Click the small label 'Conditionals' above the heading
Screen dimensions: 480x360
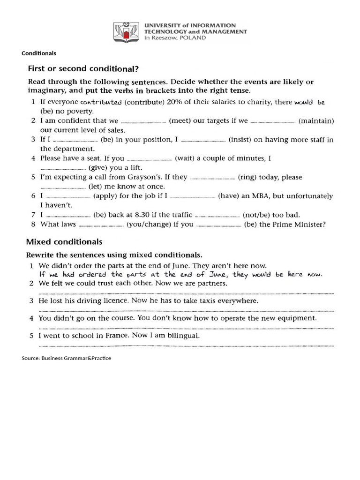point(39,53)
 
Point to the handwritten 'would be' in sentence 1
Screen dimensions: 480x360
point(310,102)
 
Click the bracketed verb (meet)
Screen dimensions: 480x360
point(180,121)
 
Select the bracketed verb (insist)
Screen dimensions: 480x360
point(239,140)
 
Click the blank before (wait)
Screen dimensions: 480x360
point(150,159)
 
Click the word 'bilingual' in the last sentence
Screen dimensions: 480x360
point(184,336)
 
